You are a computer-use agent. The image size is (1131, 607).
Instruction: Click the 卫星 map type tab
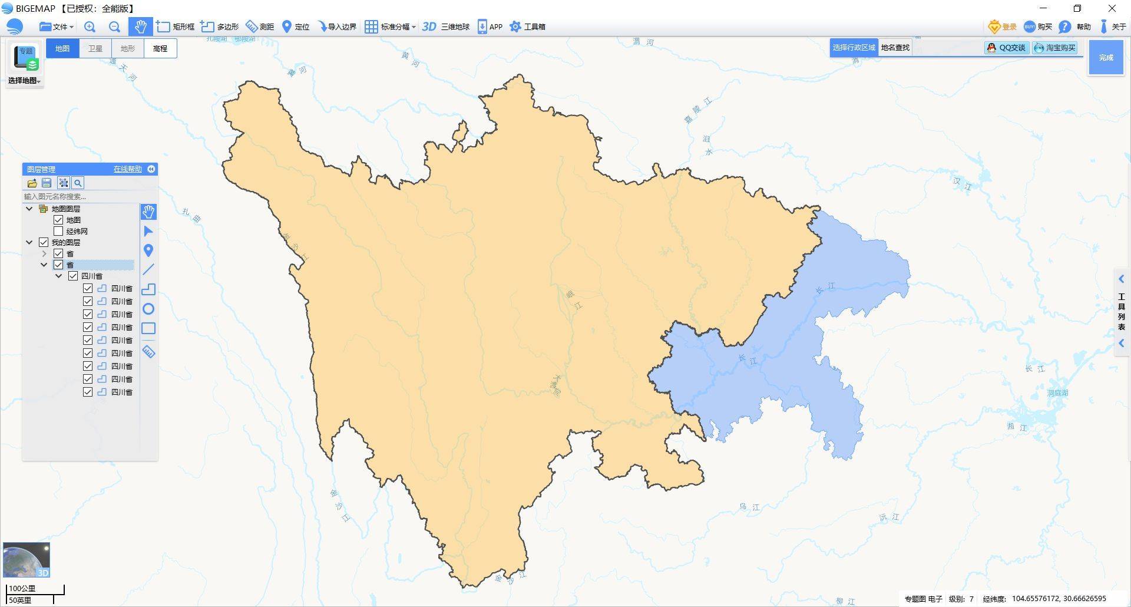click(95, 48)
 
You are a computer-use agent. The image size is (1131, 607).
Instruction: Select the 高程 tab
click(160, 48)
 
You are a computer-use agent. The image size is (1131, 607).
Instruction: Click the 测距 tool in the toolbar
click(260, 27)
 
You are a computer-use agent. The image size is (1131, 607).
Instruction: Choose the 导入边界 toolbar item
click(337, 27)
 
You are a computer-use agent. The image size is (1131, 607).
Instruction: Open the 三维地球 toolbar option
click(446, 27)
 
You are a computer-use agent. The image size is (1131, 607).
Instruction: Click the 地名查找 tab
click(895, 48)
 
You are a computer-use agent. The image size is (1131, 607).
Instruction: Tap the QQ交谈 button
click(1006, 48)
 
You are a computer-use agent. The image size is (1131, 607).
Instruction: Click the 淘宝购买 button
click(1054, 48)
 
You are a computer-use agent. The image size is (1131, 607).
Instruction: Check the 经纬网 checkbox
click(58, 231)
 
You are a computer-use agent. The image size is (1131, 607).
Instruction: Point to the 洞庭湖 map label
click(1057, 393)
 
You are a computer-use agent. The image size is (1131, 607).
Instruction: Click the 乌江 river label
click(749, 507)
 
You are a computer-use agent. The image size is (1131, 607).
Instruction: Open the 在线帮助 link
click(127, 169)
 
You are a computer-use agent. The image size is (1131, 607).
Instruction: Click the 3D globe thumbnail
click(27, 560)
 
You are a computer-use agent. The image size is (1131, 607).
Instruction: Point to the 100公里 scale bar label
click(22, 588)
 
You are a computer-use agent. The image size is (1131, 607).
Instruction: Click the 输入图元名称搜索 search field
click(80, 196)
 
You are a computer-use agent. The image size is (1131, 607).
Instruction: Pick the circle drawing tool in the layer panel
click(148, 309)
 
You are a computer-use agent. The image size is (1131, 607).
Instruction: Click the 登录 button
click(1003, 27)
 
